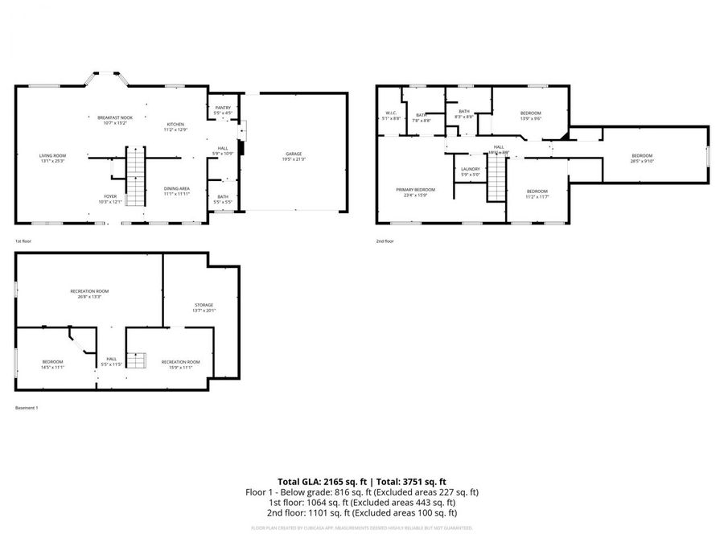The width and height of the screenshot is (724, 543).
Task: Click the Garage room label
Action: click(x=294, y=156)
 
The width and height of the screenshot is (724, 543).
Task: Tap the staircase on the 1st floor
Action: click(x=135, y=177)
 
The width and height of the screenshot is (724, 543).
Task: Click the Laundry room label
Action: click(x=470, y=171)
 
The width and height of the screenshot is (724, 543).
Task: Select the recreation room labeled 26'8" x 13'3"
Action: click(x=90, y=293)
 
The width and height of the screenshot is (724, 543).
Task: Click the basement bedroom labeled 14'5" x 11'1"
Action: click(x=52, y=364)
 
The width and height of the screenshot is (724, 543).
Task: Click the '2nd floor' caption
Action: click(x=385, y=241)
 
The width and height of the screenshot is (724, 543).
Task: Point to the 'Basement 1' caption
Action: click(x=27, y=408)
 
